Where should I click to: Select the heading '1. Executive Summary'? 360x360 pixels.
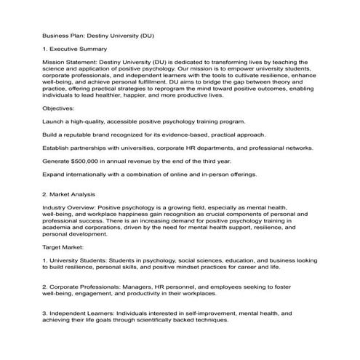(x=75, y=49)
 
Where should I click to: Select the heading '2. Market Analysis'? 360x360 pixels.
(x=71, y=193)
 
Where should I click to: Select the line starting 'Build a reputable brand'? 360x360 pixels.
(x=154, y=135)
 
